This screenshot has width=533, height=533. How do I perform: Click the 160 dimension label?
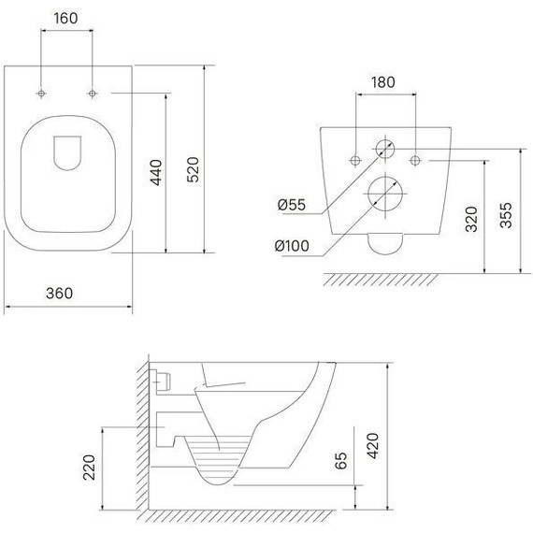click(66, 18)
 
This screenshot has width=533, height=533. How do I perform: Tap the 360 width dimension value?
click(60, 294)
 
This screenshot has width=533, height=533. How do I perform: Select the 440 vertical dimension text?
click(156, 172)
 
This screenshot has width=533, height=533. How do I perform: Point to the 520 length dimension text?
click(193, 169)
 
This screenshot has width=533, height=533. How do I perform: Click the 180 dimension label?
click(383, 82)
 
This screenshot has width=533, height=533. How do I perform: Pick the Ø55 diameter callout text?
click(292, 205)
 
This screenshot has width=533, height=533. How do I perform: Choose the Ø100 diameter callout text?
click(292, 246)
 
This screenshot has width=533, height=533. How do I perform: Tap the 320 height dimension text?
click(471, 219)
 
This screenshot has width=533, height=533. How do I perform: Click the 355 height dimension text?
click(506, 215)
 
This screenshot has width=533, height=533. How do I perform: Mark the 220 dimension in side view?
click(89, 468)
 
